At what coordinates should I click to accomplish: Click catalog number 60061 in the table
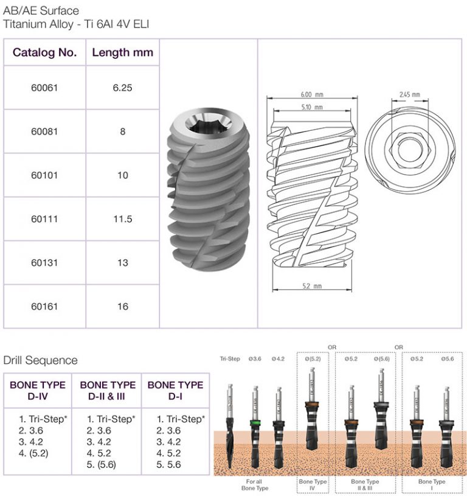pyautogui.click(x=44, y=87)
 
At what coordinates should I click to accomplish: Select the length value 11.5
pyautogui.click(x=122, y=218)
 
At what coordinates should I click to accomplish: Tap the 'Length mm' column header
pyautogui.click(x=122, y=52)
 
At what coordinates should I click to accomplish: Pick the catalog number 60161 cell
pyautogui.click(x=44, y=306)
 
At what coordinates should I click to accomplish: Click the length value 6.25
pyautogui.click(x=122, y=87)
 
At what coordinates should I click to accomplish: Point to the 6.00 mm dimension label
pyautogui.click(x=311, y=95)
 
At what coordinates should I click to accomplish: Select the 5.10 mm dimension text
pyautogui.click(x=311, y=107)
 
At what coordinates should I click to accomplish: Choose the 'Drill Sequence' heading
pyautogui.click(x=41, y=360)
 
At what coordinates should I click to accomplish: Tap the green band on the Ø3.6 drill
pyautogui.click(x=255, y=421)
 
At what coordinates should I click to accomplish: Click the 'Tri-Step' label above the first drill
pyautogui.click(x=229, y=359)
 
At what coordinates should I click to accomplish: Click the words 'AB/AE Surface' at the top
pyautogui.click(x=41, y=11)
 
